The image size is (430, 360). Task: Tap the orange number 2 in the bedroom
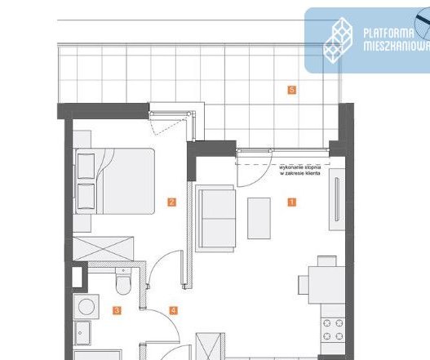[x=171, y=202]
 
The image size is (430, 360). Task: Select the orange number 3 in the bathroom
[x=117, y=310]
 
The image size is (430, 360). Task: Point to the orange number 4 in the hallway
[x=173, y=310]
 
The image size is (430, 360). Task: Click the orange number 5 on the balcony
[x=291, y=89]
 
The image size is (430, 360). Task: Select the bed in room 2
[x=114, y=180]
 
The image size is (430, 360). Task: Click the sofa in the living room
[x=216, y=218]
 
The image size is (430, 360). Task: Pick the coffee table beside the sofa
[x=259, y=217]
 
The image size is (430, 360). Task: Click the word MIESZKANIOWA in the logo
[x=396, y=47]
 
